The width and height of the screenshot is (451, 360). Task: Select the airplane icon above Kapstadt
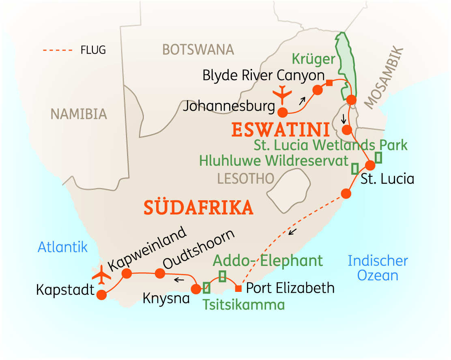[101, 276]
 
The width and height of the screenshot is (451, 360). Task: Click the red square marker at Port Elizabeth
[238, 289]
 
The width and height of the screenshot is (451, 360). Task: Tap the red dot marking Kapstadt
[101, 295]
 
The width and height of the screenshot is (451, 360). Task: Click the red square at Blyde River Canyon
[329, 83]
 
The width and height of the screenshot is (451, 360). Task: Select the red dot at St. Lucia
[370, 165]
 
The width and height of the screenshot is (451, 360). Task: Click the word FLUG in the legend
[93, 50]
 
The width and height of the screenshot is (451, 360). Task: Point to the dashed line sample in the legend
[57, 51]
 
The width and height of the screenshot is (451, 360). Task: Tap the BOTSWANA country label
[198, 49]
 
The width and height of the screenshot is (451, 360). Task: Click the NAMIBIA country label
[79, 114]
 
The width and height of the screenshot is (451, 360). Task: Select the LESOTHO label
[245, 178]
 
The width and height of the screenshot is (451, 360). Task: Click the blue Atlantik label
[62, 247]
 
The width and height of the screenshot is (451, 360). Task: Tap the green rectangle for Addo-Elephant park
[222, 276]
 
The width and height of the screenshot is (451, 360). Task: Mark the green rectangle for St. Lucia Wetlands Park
[378, 157]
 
